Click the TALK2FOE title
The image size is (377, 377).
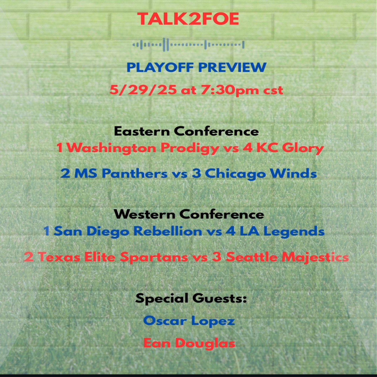[x=188, y=19]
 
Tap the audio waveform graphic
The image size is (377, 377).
[x=188, y=45]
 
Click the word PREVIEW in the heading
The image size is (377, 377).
[x=232, y=67]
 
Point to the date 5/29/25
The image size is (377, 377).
[x=143, y=90]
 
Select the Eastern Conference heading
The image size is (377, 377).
[x=186, y=131]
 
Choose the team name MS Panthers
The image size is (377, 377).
[x=121, y=174]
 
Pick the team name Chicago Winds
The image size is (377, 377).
[x=260, y=174]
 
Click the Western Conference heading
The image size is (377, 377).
[x=189, y=214]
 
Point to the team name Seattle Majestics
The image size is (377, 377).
[x=287, y=257]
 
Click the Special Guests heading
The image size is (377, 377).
[x=191, y=298]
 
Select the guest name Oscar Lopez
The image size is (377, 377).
[x=189, y=321]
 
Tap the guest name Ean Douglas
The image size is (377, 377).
[x=189, y=343]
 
